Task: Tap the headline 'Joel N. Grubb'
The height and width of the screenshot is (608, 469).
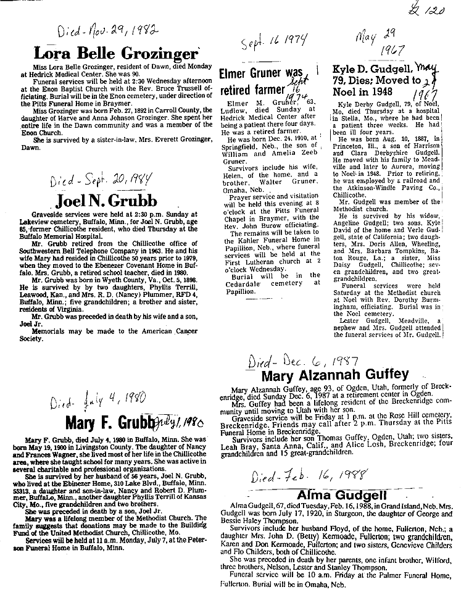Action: tap(106, 201)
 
